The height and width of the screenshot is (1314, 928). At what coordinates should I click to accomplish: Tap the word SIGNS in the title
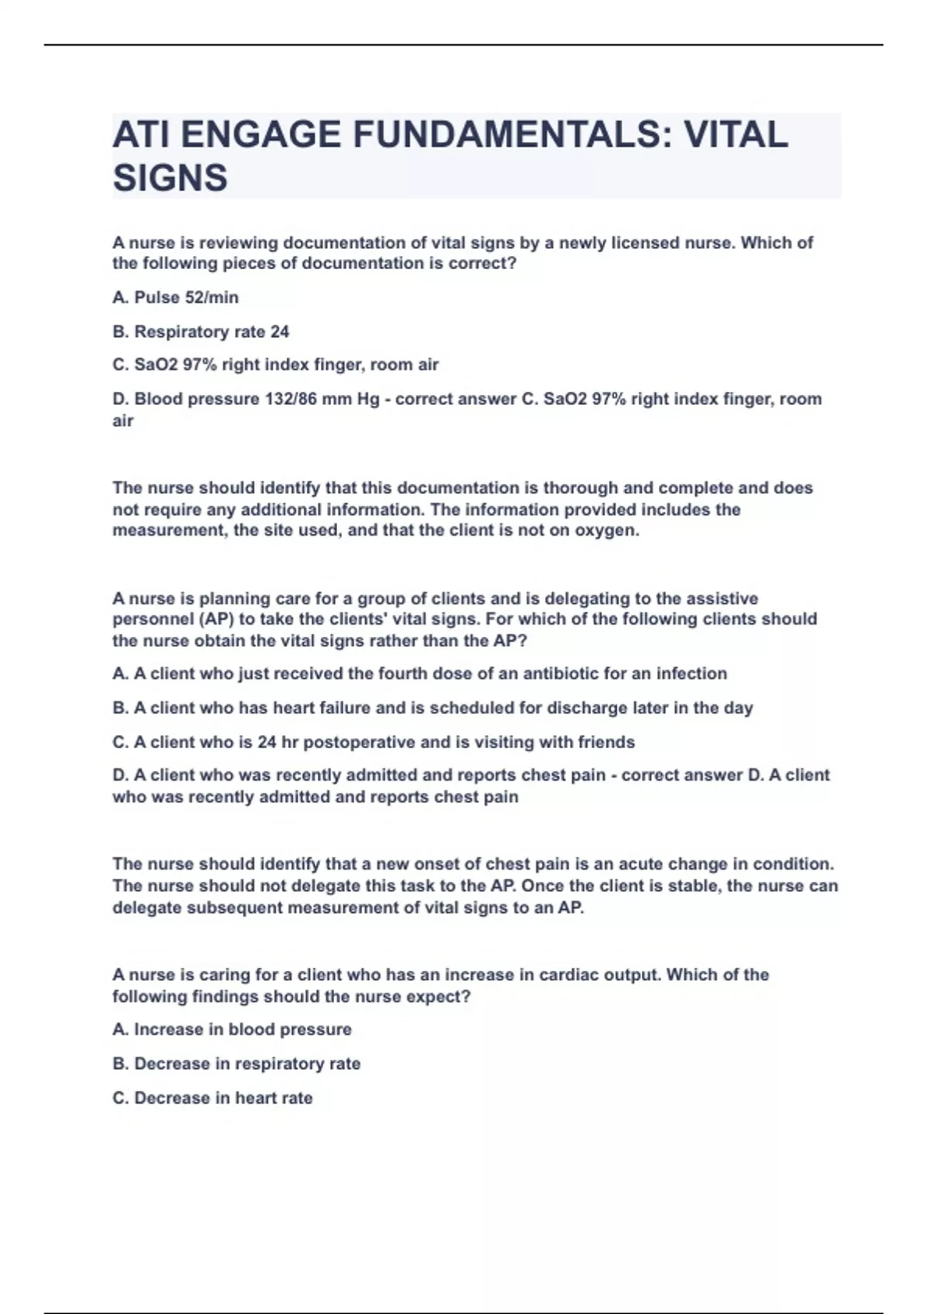(170, 178)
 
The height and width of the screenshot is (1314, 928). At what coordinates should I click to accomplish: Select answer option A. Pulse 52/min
(176, 298)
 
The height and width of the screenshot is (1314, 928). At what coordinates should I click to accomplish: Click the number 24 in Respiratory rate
(280, 332)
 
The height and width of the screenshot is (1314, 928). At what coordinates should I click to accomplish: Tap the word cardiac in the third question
(568, 975)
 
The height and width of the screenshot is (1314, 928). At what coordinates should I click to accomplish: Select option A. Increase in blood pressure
(232, 1030)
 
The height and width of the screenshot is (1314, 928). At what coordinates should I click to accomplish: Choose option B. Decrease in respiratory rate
(237, 1064)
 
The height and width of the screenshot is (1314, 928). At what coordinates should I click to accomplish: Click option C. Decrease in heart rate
(213, 1098)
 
